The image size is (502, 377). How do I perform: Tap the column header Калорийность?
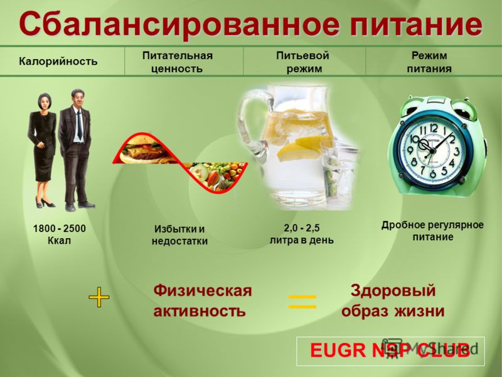tap(58, 61)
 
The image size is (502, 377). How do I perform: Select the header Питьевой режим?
tap(303, 62)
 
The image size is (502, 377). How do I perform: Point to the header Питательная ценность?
tap(178, 62)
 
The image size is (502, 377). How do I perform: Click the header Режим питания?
tap(429, 62)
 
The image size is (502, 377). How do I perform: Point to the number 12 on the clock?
tap(434, 129)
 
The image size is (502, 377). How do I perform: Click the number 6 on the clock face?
tap(432, 174)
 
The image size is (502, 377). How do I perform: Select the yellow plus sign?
tap(99, 297)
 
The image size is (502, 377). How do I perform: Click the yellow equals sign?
tap(302, 302)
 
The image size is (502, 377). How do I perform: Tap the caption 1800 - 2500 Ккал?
tap(59, 234)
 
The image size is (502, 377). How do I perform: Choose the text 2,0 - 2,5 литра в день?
tap(302, 234)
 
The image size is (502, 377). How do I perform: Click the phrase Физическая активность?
tap(202, 301)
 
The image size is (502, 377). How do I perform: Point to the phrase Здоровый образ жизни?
tap(393, 301)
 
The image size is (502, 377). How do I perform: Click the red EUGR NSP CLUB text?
tap(390, 350)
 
